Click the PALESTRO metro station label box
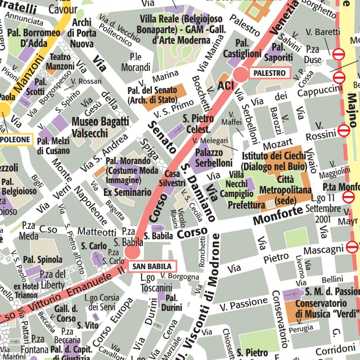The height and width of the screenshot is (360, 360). point(270,73)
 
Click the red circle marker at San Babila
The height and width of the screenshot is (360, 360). point(132,252)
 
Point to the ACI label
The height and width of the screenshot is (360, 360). point(225,85)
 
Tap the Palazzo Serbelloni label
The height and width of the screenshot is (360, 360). point(214,158)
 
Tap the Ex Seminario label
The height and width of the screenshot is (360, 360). point(127,192)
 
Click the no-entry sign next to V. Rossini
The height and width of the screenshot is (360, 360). point(344,130)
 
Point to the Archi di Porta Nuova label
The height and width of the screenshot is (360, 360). point(82,33)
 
